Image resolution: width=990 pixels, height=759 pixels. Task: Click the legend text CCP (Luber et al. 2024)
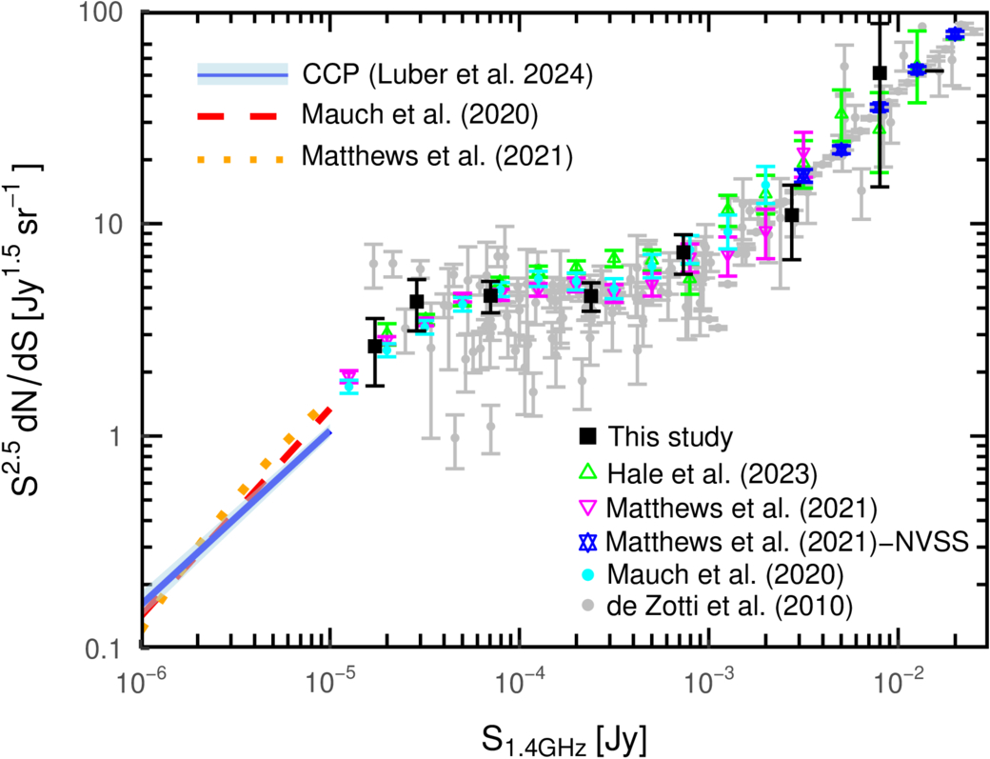pos(447,75)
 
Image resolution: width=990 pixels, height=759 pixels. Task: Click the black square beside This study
pos(589,437)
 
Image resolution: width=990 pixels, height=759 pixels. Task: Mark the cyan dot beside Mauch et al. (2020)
pos(589,573)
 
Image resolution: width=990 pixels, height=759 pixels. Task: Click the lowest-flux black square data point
pos(375,347)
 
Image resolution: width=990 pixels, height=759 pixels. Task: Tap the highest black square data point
pos(880,72)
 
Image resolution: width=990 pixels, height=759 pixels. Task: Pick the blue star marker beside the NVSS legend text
pos(589,541)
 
